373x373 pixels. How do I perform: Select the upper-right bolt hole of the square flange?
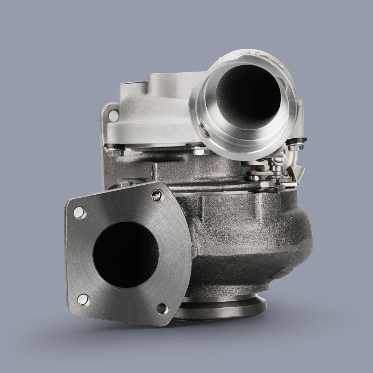click(157, 194)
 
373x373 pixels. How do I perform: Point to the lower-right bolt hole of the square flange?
click(162, 308)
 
